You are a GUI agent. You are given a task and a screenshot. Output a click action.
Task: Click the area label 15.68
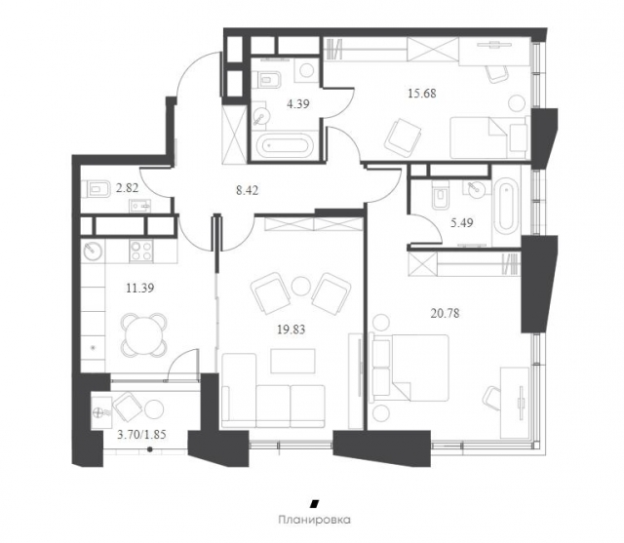click(422, 94)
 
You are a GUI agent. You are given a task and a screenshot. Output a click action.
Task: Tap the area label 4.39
click(298, 104)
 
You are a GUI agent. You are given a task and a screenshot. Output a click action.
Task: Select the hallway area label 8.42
click(247, 190)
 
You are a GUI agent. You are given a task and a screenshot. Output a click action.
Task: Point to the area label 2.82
click(127, 188)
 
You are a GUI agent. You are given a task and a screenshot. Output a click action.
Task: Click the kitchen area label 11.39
click(140, 288)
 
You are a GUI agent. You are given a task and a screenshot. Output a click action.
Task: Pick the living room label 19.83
click(291, 330)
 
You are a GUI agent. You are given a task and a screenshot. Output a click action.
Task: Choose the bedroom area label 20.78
click(445, 314)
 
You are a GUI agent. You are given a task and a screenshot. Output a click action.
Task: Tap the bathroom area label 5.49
click(461, 223)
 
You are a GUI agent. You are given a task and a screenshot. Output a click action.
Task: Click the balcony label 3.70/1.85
click(141, 435)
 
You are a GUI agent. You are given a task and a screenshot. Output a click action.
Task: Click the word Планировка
click(314, 520)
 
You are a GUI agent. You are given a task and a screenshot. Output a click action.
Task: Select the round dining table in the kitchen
click(143, 334)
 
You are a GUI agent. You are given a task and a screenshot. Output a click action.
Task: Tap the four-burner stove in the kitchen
click(140, 251)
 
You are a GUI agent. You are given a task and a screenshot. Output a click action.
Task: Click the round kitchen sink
click(93, 251)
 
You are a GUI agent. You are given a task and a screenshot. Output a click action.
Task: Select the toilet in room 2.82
click(97, 188)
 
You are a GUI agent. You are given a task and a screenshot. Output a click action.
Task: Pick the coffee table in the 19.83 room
click(292, 361)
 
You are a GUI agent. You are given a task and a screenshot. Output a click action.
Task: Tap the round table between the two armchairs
click(301, 286)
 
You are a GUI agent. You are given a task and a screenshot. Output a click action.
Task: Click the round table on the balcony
click(154, 408)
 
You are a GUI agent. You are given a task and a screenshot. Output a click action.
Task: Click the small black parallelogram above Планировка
click(315, 503)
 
